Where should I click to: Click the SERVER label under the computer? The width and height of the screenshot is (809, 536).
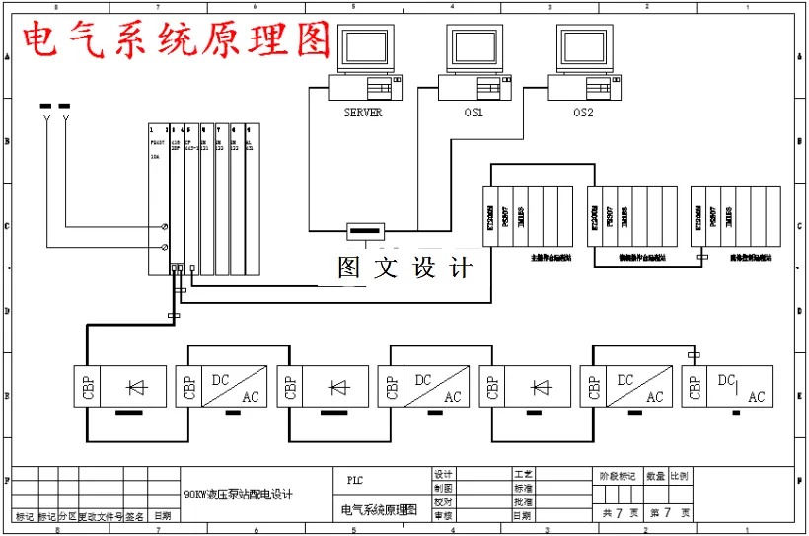[362, 113]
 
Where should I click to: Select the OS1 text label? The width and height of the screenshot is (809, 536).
[474, 113]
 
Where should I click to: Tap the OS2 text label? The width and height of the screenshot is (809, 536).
[584, 113]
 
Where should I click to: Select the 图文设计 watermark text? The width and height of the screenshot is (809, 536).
[404, 268]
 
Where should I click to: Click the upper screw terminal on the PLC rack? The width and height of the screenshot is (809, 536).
[163, 227]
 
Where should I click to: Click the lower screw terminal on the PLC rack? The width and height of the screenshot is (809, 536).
[163, 248]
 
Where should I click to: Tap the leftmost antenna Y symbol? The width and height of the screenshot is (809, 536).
[46, 120]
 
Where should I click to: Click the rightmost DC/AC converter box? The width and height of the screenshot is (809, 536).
[739, 386]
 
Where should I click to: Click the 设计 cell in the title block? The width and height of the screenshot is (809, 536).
[443, 475]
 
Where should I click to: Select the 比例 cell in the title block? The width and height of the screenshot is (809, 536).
[679, 475]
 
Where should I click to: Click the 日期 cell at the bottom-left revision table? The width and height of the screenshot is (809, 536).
[162, 515]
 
